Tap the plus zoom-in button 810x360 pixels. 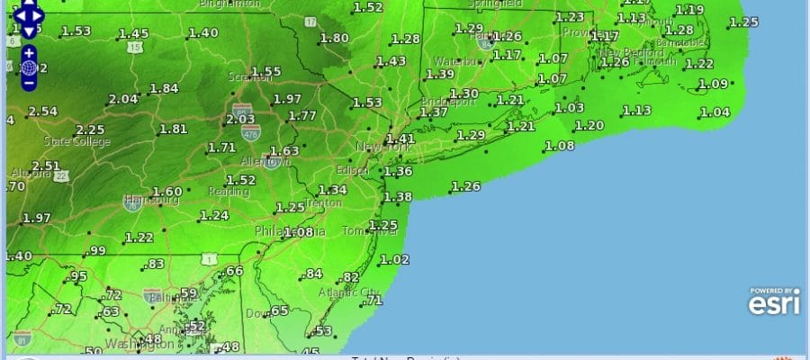coord(29,52)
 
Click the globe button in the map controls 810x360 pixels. coord(29,67)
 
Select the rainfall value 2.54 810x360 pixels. coord(42,112)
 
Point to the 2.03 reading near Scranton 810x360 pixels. coord(241,119)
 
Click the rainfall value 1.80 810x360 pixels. coord(335,38)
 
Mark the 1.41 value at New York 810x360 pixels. coord(400,139)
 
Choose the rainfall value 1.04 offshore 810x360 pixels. coord(715,112)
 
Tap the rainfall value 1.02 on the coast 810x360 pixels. coord(394,259)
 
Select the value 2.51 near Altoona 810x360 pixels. coord(47,166)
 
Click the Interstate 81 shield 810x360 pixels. coord(22,338)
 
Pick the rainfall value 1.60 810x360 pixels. coord(167,191)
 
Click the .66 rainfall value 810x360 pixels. coord(234,271)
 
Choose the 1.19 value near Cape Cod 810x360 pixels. coord(689,10)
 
